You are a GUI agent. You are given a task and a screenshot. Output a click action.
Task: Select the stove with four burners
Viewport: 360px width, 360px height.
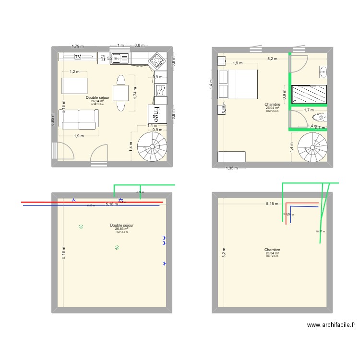coord(156,60)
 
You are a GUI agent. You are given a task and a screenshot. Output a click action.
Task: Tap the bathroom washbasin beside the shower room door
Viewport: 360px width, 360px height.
coord(322,72)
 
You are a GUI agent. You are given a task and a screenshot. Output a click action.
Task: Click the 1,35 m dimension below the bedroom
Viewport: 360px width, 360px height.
coord(232,168)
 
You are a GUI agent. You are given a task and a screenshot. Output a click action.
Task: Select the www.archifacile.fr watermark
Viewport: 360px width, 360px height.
coord(331,325)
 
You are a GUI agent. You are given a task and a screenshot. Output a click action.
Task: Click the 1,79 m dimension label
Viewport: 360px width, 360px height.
coord(77,47)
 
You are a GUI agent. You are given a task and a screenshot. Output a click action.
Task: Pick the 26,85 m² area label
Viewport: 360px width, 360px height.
coord(121,229)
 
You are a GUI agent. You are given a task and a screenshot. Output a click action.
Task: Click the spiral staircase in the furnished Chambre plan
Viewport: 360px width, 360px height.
coord(312,147)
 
